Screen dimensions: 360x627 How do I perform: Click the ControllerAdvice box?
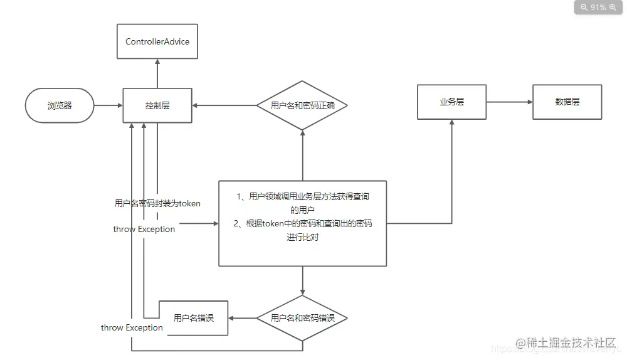click(157, 42)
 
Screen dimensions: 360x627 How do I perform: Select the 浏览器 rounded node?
click(60, 105)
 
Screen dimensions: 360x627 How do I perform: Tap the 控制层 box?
click(157, 105)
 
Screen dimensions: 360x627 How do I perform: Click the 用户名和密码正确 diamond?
click(302, 105)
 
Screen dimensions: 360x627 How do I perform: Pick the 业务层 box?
click(451, 102)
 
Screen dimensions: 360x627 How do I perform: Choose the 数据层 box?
click(567, 102)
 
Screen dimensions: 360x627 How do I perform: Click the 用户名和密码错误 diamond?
click(302, 318)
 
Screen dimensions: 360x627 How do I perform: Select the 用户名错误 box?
click(193, 318)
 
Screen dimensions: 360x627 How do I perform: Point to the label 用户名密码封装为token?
click(157, 203)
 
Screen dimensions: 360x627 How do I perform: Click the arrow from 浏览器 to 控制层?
click(108, 105)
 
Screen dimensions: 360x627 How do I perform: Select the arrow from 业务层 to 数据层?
click(508, 102)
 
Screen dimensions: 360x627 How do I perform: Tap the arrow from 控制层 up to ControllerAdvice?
click(157, 73)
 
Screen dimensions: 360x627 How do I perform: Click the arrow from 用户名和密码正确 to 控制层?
click(224, 105)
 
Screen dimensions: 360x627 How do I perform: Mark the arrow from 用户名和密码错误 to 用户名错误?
click(242, 318)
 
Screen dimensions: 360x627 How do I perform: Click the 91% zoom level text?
click(598, 8)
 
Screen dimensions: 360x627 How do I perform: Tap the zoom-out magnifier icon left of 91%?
click(584, 8)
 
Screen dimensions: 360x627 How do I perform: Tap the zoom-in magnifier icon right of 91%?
click(613, 8)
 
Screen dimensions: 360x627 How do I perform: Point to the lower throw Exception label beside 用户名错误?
click(132, 327)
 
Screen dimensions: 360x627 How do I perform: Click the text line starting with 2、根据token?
click(302, 223)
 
